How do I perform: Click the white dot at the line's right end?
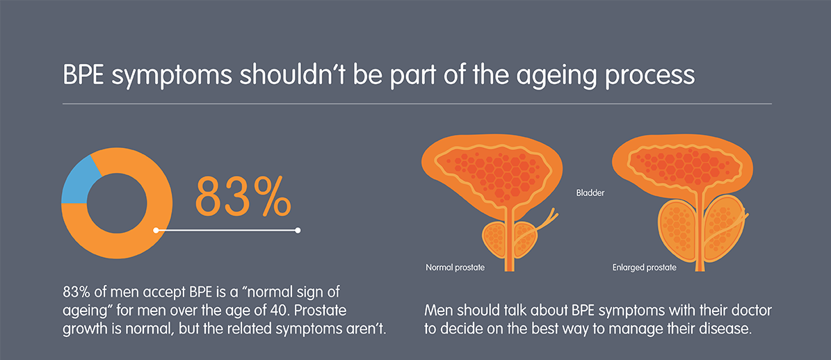tap(298, 230)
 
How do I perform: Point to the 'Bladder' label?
tap(590, 194)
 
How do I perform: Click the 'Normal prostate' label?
tap(455, 268)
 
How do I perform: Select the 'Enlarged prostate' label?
tap(645, 268)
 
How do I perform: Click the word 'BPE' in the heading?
tap(85, 76)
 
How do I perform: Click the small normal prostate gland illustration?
tap(509, 241)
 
